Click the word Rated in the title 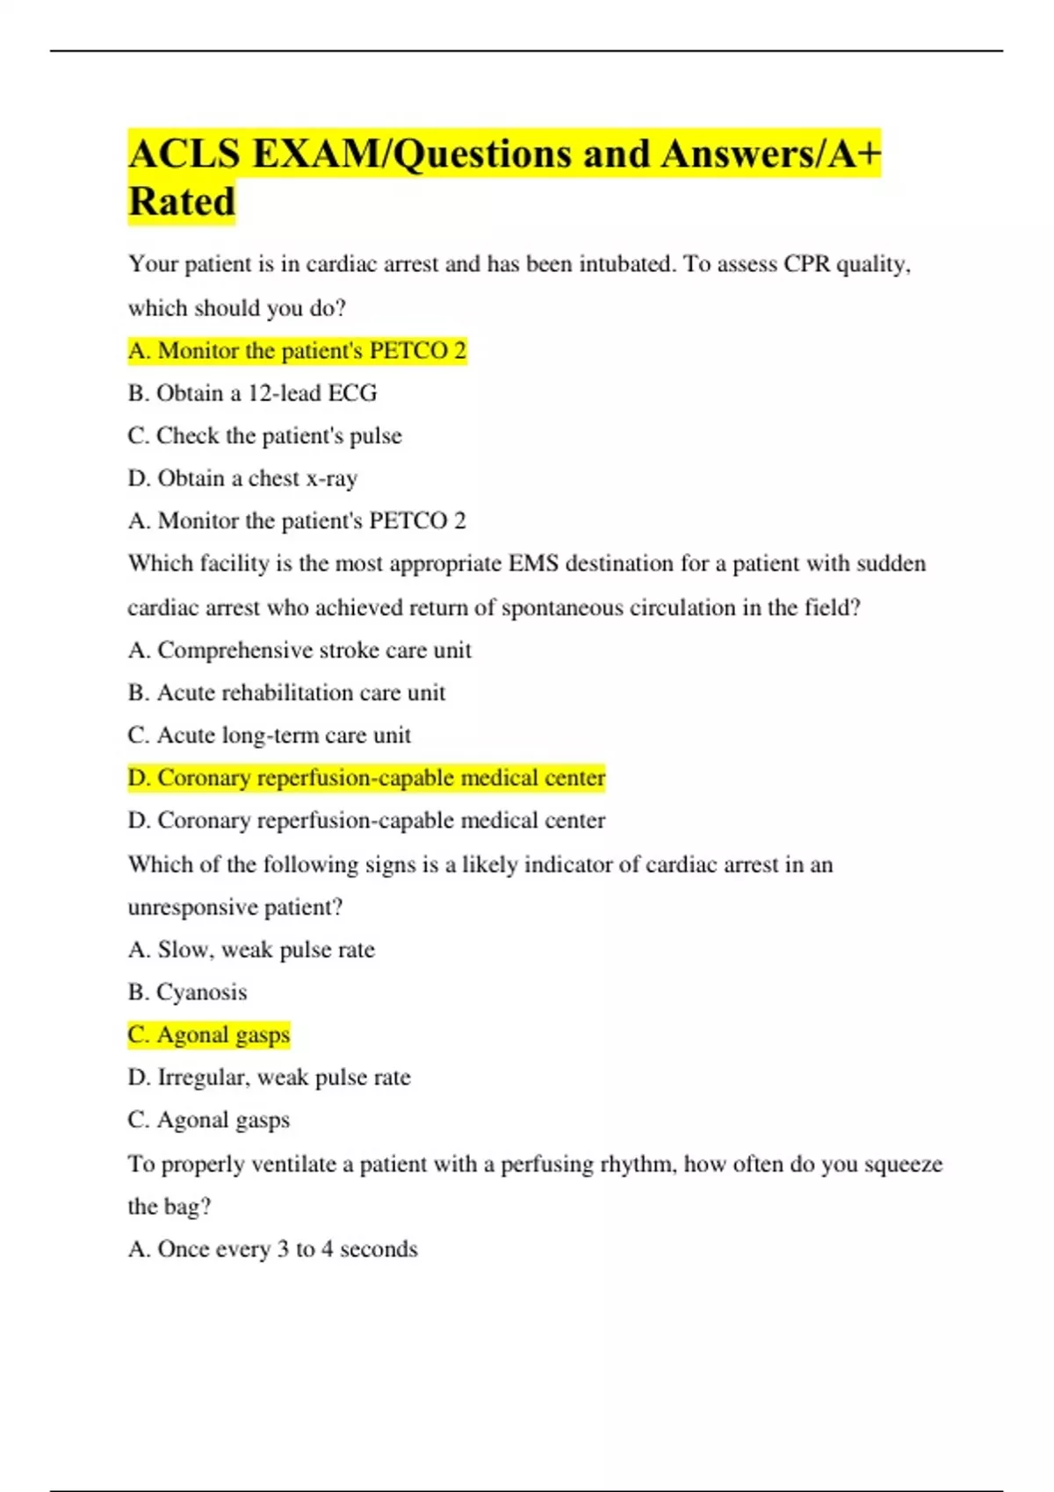pos(182,202)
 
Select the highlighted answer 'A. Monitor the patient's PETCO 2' pos(297,351)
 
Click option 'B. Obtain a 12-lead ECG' pos(252,393)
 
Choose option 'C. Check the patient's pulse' pos(264,436)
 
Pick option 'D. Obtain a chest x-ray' pos(242,478)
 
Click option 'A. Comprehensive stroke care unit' pos(300,650)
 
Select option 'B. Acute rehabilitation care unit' pos(286,693)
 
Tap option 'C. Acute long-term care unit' pos(269,735)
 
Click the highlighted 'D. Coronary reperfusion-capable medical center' pos(366,778)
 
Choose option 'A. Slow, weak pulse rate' pos(251,950)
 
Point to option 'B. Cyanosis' pos(187,993)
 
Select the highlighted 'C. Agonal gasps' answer pos(208,1036)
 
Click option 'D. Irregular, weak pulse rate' pos(269,1078)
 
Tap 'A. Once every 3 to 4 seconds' pos(272,1250)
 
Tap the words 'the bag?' pos(170,1207)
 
